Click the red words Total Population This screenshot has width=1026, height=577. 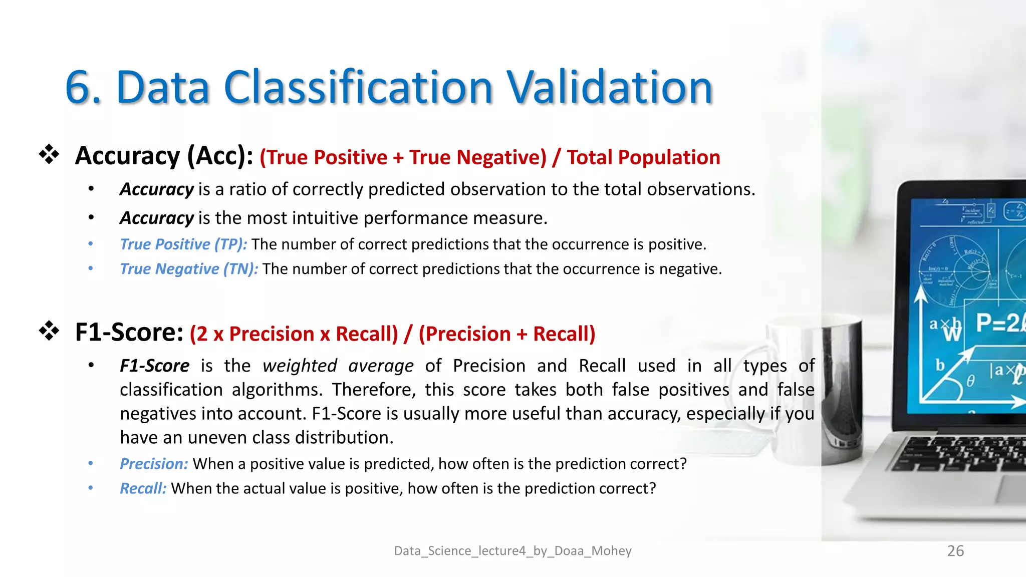643,157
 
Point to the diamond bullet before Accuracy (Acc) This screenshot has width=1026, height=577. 49,155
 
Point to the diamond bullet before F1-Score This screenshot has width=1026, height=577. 49,331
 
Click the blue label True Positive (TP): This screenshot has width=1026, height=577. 183,244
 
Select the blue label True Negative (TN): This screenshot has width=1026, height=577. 189,269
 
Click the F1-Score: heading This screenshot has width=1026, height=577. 129,332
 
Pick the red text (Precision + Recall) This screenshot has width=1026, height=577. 506,334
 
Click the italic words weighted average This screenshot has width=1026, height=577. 338,366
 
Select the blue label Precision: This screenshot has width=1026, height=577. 154,464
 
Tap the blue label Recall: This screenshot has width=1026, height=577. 143,488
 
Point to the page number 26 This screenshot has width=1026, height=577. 955,551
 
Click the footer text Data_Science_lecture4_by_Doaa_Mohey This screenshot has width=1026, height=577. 512,551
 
